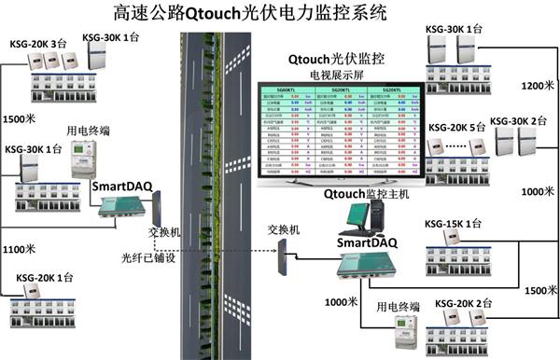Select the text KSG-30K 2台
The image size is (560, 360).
[518, 121]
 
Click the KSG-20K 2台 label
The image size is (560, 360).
[464, 304]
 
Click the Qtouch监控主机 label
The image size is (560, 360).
[366, 195]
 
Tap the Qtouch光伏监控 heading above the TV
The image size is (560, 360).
[340, 56]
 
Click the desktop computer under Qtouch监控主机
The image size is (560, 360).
[358, 218]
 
